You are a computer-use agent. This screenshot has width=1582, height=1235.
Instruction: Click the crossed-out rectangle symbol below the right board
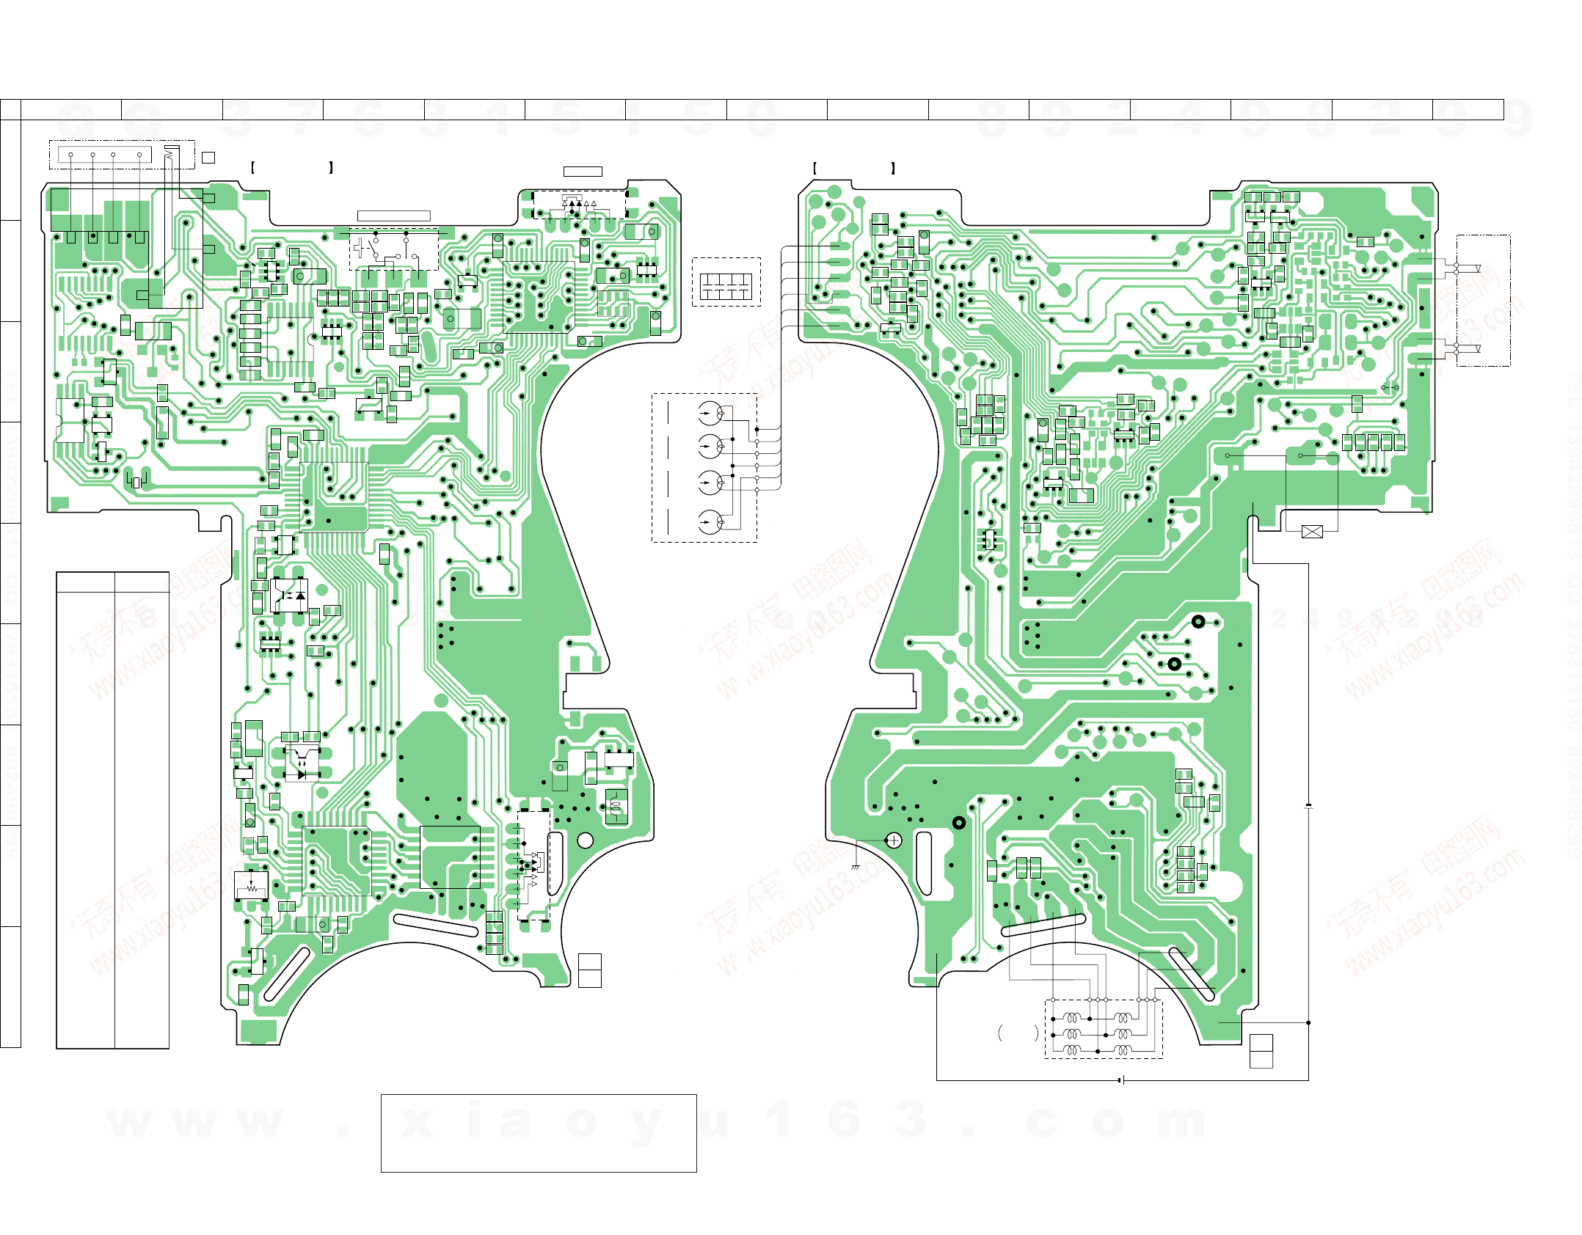coord(1312,532)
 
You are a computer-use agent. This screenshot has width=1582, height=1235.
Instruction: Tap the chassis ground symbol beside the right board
coord(856,867)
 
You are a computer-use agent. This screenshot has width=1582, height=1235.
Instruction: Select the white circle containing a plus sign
coord(894,840)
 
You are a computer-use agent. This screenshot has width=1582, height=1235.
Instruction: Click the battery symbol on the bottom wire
coord(1122,1080)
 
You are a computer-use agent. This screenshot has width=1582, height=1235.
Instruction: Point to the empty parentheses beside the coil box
coord(1018,1033)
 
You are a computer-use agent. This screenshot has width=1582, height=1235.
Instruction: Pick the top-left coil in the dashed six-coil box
coord(1073,1018)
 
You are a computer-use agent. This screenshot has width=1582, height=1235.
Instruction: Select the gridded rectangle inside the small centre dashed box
coord(726,286)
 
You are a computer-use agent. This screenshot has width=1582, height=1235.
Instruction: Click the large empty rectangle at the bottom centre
coord(539,1133)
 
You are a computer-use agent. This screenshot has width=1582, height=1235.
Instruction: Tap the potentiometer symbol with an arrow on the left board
coord(252,886)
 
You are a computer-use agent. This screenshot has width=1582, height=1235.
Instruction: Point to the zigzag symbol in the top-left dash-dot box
coord(170,155)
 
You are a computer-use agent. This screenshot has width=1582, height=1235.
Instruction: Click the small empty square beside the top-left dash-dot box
coord(208,158)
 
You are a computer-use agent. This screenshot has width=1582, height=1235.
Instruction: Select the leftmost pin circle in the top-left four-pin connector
coord(71,155)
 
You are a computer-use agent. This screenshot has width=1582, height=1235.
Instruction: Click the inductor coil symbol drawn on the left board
coord(616,807)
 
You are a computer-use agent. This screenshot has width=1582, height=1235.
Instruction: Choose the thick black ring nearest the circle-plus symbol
coord(958,823)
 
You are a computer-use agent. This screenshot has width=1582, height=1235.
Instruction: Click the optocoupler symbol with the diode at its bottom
coord(302,763)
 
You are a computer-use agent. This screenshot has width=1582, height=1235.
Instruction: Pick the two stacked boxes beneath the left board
coord(589,970)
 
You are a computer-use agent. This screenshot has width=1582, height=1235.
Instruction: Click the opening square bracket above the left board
coord(252,167)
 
